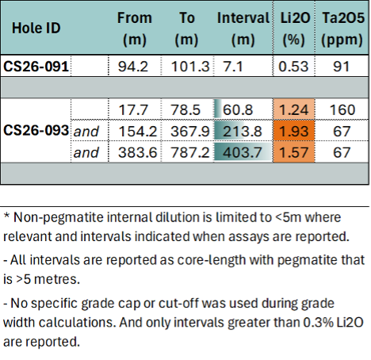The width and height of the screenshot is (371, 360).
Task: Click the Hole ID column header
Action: click(36, 28)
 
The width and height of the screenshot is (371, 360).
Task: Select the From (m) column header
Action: click(135, 29)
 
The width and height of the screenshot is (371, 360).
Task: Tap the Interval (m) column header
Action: click(243, 29)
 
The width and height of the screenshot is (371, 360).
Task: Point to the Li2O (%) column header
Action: click(294, 29)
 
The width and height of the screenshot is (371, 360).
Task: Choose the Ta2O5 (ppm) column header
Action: click(342, 29)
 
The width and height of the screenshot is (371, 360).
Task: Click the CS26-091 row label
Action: click(36, 66)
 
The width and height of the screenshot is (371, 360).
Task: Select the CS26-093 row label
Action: click(36, 130)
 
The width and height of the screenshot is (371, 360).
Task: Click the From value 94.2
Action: click(133, 67)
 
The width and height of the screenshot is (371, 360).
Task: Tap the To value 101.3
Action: click(190, 67)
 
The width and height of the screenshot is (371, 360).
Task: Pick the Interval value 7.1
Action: click(233, 67)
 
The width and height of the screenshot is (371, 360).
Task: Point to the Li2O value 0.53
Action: click(293, 67)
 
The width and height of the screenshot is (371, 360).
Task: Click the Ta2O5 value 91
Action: click(342, 67)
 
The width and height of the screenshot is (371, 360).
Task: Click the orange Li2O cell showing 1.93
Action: click(294, 132)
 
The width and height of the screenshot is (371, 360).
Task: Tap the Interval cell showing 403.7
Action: click(243, 152)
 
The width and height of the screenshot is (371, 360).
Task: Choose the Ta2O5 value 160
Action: click(342, 109)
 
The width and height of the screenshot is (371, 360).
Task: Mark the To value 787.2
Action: click(190, 152)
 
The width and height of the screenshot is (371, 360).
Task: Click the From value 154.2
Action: click(138, 132)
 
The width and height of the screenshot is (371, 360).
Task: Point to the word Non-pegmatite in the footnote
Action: click(59, 218)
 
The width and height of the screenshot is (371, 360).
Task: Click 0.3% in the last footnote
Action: click(318, 322)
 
